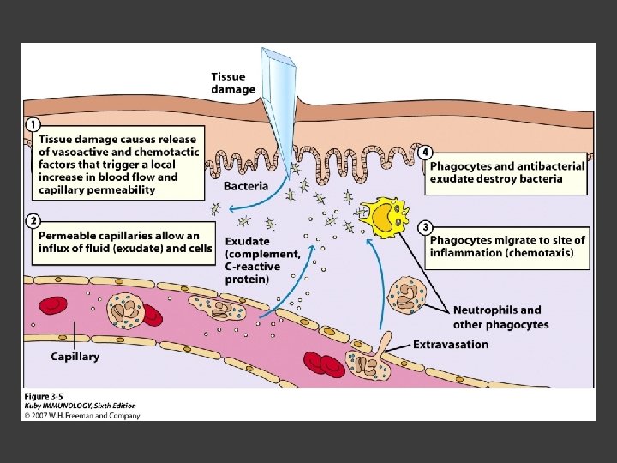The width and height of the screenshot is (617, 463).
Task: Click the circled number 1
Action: click(x=32, y=123)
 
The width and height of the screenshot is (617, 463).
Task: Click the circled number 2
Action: click(x=32, y=221)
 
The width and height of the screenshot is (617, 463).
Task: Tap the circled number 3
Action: click(x=425, y=227)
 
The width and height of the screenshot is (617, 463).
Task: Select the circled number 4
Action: click(x=426, y=152)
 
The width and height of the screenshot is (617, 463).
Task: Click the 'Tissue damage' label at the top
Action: click(x=233, y=82)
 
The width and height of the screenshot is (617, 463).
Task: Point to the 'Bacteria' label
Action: click(x=245, y=185)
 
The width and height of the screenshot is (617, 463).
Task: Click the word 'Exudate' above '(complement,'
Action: click(x=247, y=242)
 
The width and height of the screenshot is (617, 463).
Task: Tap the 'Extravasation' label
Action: click(x=451, y=345)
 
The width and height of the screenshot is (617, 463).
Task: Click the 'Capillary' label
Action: click(x=75, y=356)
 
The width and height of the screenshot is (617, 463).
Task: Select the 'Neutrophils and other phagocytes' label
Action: click(x=500, y=317)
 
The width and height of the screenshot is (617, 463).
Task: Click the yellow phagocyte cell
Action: click(x=383, y=218)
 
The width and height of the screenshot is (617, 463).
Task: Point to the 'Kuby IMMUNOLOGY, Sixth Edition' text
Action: click(x=79, y=406)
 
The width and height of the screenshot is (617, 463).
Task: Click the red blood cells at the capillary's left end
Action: click(x=53, y=306)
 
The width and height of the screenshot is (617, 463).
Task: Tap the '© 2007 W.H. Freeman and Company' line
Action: click(x=81, y=416)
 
